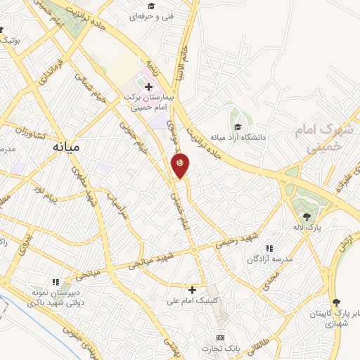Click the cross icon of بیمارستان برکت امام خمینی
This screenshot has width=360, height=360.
click(x=148, y=86)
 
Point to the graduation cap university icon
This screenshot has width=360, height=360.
click(x=238, y=127)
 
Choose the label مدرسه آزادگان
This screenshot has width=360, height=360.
click(x=269, y=259)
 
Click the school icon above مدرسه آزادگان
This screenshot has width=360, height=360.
click(x=269, y=248)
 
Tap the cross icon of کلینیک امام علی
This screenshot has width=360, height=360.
click(x=191, y=289)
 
